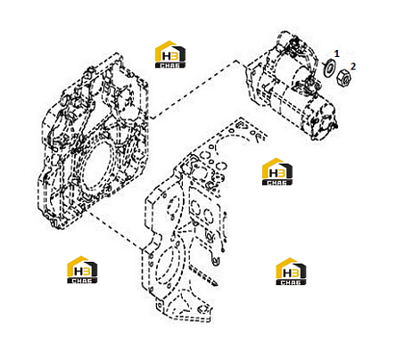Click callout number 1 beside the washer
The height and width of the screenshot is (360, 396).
tap(336, 53)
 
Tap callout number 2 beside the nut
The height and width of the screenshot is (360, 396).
tap(353, 66)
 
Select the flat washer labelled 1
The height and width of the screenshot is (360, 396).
tap(329, 69)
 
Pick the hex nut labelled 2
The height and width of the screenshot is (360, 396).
tap(344, 78)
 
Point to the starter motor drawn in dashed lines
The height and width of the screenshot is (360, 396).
tap(293, 86)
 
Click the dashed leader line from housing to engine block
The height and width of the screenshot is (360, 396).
tap(116, 231)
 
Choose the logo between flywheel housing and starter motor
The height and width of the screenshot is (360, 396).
tap(170, 54)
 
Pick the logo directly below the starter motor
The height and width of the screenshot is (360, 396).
tap(277, 172)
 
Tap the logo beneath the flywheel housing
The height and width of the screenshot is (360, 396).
tap(82, 270)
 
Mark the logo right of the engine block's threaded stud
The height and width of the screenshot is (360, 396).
tap(291, 272)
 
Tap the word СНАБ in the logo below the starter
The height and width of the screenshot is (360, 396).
tap(277, 183)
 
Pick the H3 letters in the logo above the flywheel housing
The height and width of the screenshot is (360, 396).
tap(170, 56)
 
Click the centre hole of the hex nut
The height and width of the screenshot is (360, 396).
tap(345, 78)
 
